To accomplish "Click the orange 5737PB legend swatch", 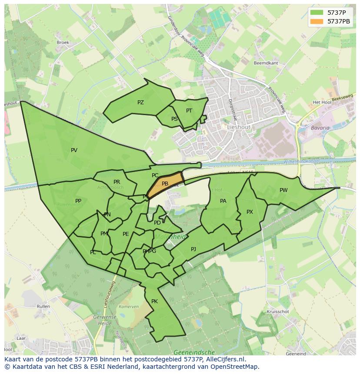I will (x=317, y=21).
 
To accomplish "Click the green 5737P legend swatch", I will (x=317, y=13).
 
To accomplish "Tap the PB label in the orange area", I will (x=165, y=184).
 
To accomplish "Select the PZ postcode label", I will (x=140, y=103).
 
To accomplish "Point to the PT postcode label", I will (x=189, y=111).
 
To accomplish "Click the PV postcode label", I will (x=74, y=150).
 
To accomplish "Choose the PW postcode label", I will (x=283, y=190).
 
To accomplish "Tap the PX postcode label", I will (x=250, y=212).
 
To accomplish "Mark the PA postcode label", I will (x=223, y=201).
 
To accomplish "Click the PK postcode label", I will (x=154, y=301).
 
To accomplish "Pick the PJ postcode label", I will (x=193, y=249).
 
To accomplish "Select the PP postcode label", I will (x=78, y=201).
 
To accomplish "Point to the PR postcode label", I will (x=117, y=182).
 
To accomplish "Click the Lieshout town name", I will (x=238, y=127).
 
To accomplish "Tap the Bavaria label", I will (x=320, y=128).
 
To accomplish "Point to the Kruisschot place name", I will (x=278, y=312).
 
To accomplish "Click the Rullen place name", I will (x=43, y=306).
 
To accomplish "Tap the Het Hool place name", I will (x=322, y=103).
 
